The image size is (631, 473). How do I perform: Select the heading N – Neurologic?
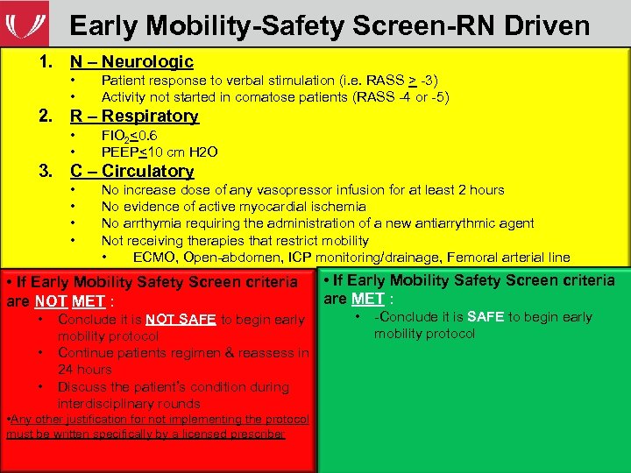[x=131, y=61]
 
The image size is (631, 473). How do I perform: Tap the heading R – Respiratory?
[x=134, y=116]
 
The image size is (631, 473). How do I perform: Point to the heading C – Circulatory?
[x=131, y=171]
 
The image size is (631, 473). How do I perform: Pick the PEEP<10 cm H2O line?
[x=160, y=152]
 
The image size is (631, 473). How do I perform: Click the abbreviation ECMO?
[x=152, y=257]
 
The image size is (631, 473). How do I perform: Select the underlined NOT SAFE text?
[x=181, y=320]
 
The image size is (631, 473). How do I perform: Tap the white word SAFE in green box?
[x=484, y=317]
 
